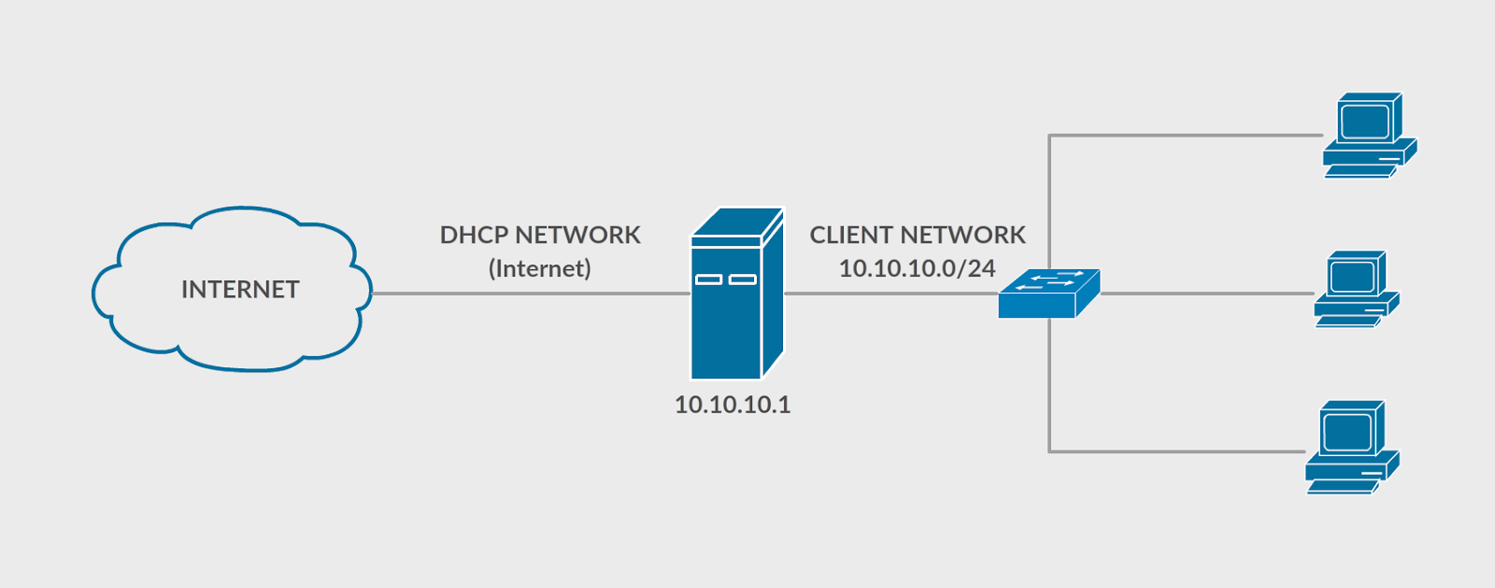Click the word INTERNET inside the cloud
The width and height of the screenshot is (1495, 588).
click(240, 290)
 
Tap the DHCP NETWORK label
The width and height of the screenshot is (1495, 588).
click(540, 235)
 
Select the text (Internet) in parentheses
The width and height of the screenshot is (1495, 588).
click(540, 269)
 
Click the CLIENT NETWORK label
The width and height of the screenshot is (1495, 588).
click(918, 235)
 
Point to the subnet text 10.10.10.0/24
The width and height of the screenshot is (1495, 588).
click(917, 269)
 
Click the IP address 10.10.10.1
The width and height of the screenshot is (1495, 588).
click(733, 405)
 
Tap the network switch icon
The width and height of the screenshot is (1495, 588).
click(1047, 295)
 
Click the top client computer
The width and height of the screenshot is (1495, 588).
click(1369, 136)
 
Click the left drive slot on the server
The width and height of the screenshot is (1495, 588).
click(708, 280)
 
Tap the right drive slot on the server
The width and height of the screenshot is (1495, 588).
click(742, 280)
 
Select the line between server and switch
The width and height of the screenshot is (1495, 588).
click(888, 294)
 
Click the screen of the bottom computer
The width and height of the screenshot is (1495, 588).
click(1347, 431)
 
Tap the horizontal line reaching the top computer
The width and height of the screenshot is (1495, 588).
click(1187, 136)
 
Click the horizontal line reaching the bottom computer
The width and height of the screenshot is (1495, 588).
click(1177, 452)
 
